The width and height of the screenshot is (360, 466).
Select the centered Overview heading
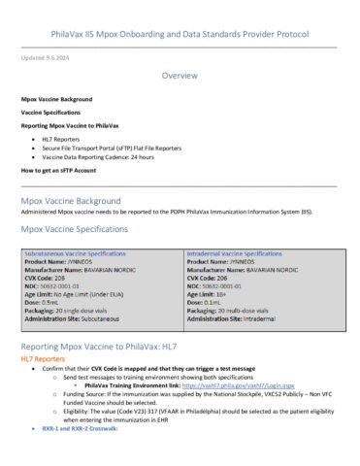(180, 76)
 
